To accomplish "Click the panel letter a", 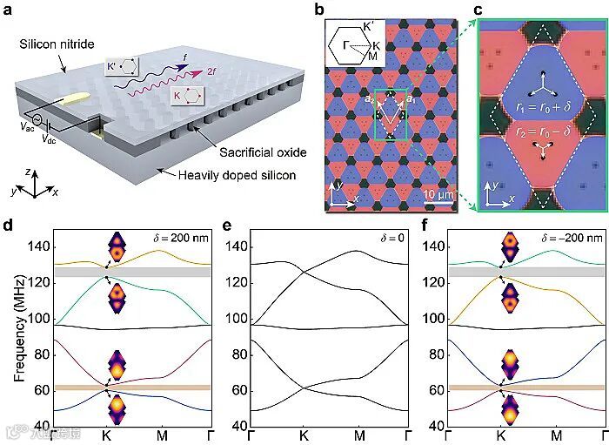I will coord(8,10).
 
